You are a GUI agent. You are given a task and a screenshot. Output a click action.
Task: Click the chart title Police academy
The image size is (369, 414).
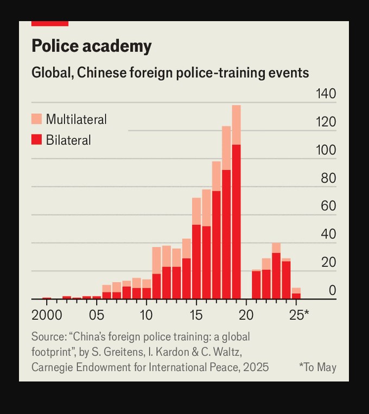tap(91, 46)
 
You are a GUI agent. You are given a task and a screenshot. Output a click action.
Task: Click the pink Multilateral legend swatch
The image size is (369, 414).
tap(36, 119)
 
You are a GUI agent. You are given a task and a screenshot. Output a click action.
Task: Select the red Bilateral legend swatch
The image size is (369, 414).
tap(36, 140)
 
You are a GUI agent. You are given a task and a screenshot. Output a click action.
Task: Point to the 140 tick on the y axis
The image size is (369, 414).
tap(326, 94)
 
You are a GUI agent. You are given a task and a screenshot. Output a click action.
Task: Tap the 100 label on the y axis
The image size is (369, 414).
tap(326, 150)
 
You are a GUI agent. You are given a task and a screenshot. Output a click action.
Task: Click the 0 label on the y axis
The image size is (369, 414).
tap(332, 290)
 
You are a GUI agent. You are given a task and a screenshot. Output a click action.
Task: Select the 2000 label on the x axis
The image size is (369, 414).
tap(47, 315)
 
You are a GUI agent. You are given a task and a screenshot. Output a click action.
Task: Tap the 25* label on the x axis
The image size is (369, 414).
tap(298, 315)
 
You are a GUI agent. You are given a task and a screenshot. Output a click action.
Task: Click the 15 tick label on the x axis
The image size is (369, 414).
tap(196, 315)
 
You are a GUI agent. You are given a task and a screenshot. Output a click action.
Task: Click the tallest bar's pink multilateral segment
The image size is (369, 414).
tap(236, 125)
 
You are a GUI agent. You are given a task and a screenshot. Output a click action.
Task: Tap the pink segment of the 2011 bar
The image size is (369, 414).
tap(156, 260)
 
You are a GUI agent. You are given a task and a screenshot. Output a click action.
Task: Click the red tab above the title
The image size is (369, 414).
tap(50, 23)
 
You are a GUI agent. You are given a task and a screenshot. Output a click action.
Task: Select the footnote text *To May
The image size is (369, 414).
tap(317, 367)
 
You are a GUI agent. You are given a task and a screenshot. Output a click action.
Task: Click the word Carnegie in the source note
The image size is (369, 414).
tap(54, 367)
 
